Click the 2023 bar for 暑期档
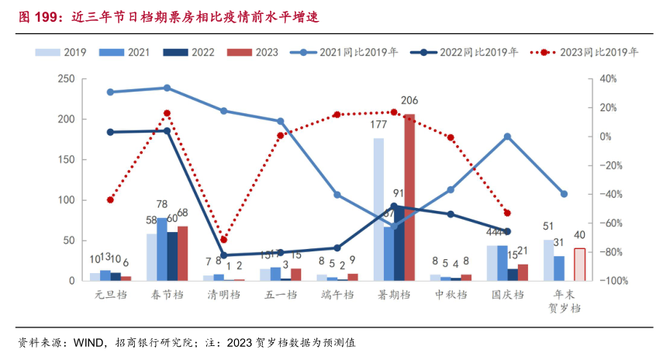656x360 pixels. [x=409, y=197]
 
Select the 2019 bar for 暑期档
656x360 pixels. [x=378, y=209]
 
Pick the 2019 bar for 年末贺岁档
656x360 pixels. [x=549, y=260]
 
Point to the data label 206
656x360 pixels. [x=409, y=101]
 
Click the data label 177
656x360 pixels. [x=379, y=124]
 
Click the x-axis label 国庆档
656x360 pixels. [x=507, y=295]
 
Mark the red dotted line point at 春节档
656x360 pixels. [x=167, y=113]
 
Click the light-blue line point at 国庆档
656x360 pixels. [x=507, y=137]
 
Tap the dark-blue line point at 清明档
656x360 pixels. [x=224, y=255]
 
